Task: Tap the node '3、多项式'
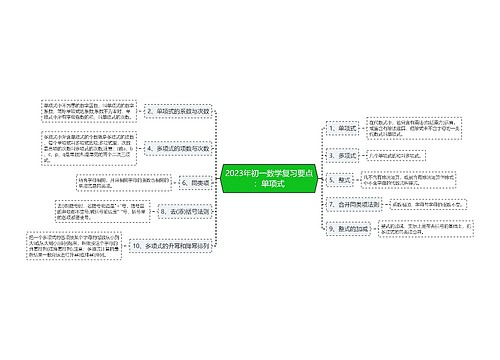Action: [341, 155]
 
